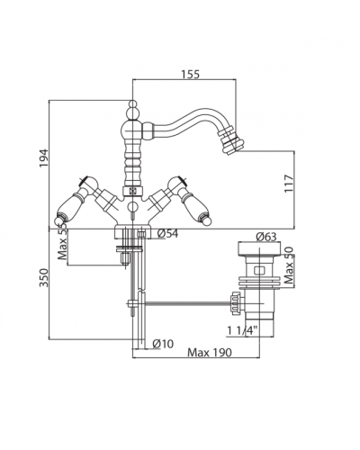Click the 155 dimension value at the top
coord(190,74)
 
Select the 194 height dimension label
coord(43,158)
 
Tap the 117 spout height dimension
coord(289,184)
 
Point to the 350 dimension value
coord(44,277)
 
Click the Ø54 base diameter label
coord(167,233)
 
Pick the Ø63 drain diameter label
coord(266,237)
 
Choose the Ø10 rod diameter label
coord(163,344)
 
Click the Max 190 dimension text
coord(210,353)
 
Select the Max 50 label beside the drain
coord(289,265)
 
